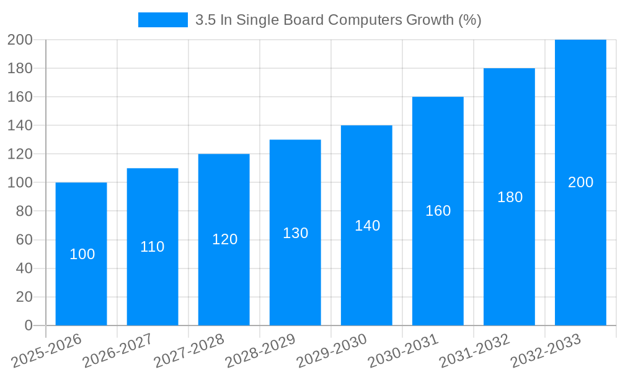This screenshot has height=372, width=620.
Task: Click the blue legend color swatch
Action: [162, 20]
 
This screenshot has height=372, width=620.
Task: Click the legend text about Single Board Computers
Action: [338, 20]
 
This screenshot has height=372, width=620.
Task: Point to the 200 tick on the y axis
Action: [20, 40]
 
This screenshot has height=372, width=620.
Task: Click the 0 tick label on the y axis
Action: [28, 325]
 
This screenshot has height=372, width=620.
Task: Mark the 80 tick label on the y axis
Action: [24, 211]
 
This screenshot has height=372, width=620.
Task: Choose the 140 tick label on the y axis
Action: [20, 126]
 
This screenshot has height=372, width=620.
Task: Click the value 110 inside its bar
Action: [153, 247]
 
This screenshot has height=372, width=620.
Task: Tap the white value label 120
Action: [224, 239]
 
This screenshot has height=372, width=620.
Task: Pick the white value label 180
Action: [510, 197]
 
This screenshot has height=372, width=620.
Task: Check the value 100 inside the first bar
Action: [82, 254]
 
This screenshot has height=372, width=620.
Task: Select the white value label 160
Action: [438, 211]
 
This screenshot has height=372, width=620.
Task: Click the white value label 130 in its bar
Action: [295, 233]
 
